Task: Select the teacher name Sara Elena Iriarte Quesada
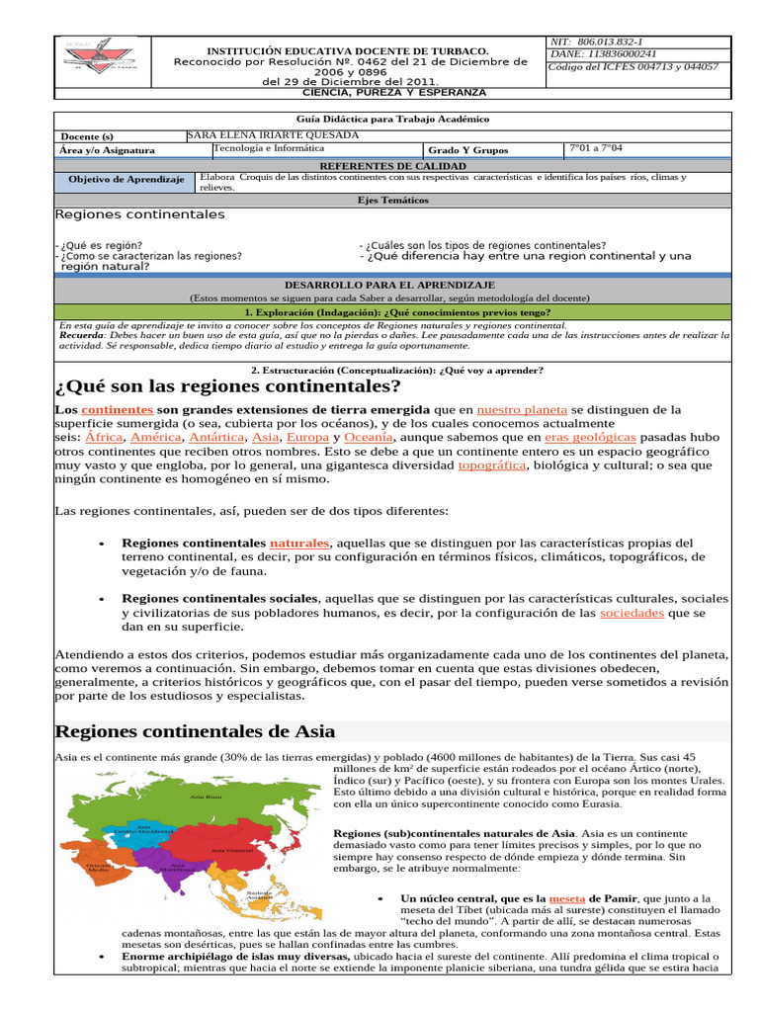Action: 273,135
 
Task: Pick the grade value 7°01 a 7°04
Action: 596,149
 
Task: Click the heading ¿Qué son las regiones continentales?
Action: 228,385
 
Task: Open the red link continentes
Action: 117,409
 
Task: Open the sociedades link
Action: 632,613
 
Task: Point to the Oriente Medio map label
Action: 98,868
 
